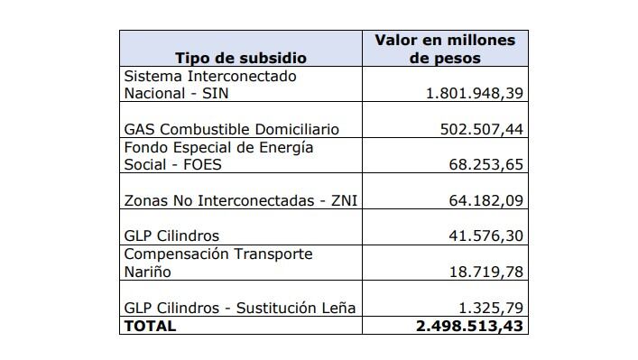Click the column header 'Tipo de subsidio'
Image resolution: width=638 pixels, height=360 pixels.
click(x=240, y=58)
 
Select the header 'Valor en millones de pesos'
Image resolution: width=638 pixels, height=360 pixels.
click(x=445, y=49)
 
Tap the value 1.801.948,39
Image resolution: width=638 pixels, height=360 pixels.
click(x=476, y=94)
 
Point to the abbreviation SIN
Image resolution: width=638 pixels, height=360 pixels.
click(x=208, y=94)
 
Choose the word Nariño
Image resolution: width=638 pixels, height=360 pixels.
click(x=147, y=272)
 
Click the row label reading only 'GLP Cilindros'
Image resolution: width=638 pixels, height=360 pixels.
click(x=171, y=236)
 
